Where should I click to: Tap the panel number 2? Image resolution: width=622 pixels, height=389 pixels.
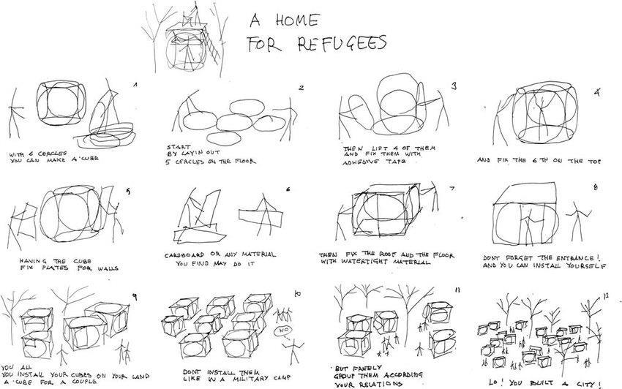(300, 88)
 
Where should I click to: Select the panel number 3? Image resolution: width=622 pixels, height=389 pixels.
(454, 86)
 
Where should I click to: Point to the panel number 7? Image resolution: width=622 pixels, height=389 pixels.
(452, 188)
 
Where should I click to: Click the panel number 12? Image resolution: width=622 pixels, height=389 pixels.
(604, 295)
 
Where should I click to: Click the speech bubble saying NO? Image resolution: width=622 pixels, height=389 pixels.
(282, 331)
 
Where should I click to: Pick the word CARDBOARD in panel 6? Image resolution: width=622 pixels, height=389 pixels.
(186, 254)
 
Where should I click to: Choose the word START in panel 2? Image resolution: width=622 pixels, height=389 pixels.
(179, 146)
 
